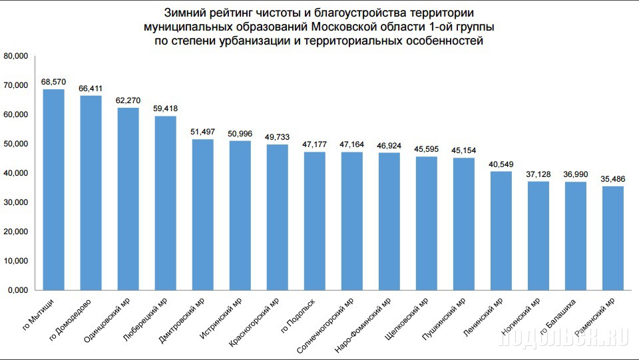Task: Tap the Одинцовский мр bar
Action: (x=128, y=199)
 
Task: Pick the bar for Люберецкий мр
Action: (x=165, y=203)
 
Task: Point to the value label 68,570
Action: (x=53, y=81)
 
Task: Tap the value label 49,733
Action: (x=277, y=136)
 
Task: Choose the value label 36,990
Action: (x=575, y=174)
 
